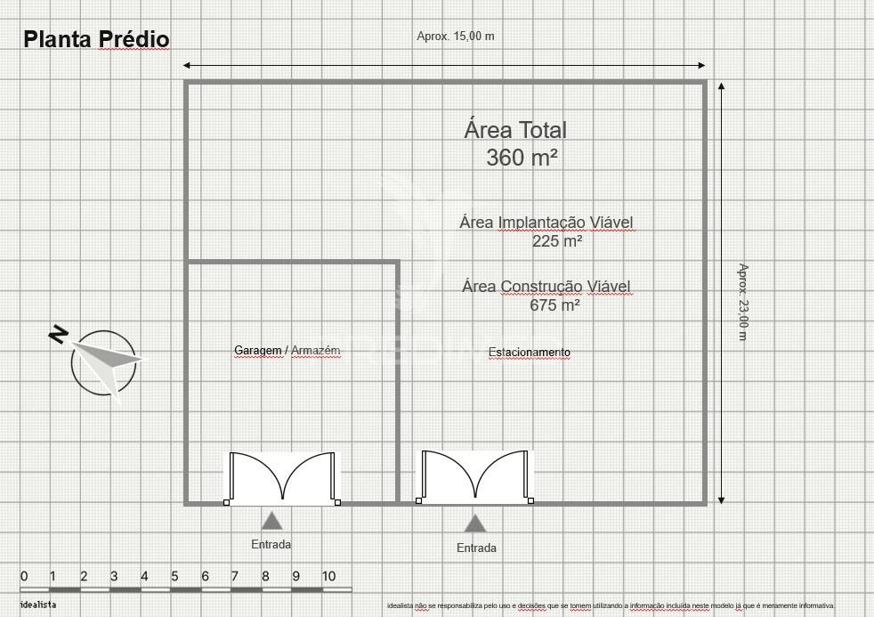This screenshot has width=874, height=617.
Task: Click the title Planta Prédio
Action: coord(96,39)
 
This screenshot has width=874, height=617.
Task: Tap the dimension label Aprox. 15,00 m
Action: coord(456,37)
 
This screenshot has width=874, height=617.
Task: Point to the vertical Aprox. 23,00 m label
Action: coord(743,302)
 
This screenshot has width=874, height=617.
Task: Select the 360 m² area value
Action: coord(522,158)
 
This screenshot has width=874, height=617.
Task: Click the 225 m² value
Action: coord(557,241)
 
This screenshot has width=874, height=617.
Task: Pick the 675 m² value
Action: coord(554,305)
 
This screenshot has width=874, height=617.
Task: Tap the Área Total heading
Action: coord(515,129)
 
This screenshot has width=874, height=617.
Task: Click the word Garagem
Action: coord(257,351)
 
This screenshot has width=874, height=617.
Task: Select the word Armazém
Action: coord(315,351)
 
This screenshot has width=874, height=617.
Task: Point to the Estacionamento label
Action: coord(530,353)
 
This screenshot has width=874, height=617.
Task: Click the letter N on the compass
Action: coord(59,335)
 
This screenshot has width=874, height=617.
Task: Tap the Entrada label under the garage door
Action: coord(271,545)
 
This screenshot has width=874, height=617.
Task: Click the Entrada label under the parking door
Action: coord(476,548)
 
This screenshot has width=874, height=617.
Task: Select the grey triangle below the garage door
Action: coord(272,521)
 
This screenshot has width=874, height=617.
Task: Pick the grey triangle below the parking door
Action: coord(475,524)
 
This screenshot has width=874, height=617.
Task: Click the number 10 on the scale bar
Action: coord(328,576)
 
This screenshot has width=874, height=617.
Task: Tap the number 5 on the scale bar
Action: coord(174,576)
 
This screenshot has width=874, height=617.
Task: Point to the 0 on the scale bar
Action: coord(24,576)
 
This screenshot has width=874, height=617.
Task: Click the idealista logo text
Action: coord(38,605)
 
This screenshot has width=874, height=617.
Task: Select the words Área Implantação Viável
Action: coord(546,223)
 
